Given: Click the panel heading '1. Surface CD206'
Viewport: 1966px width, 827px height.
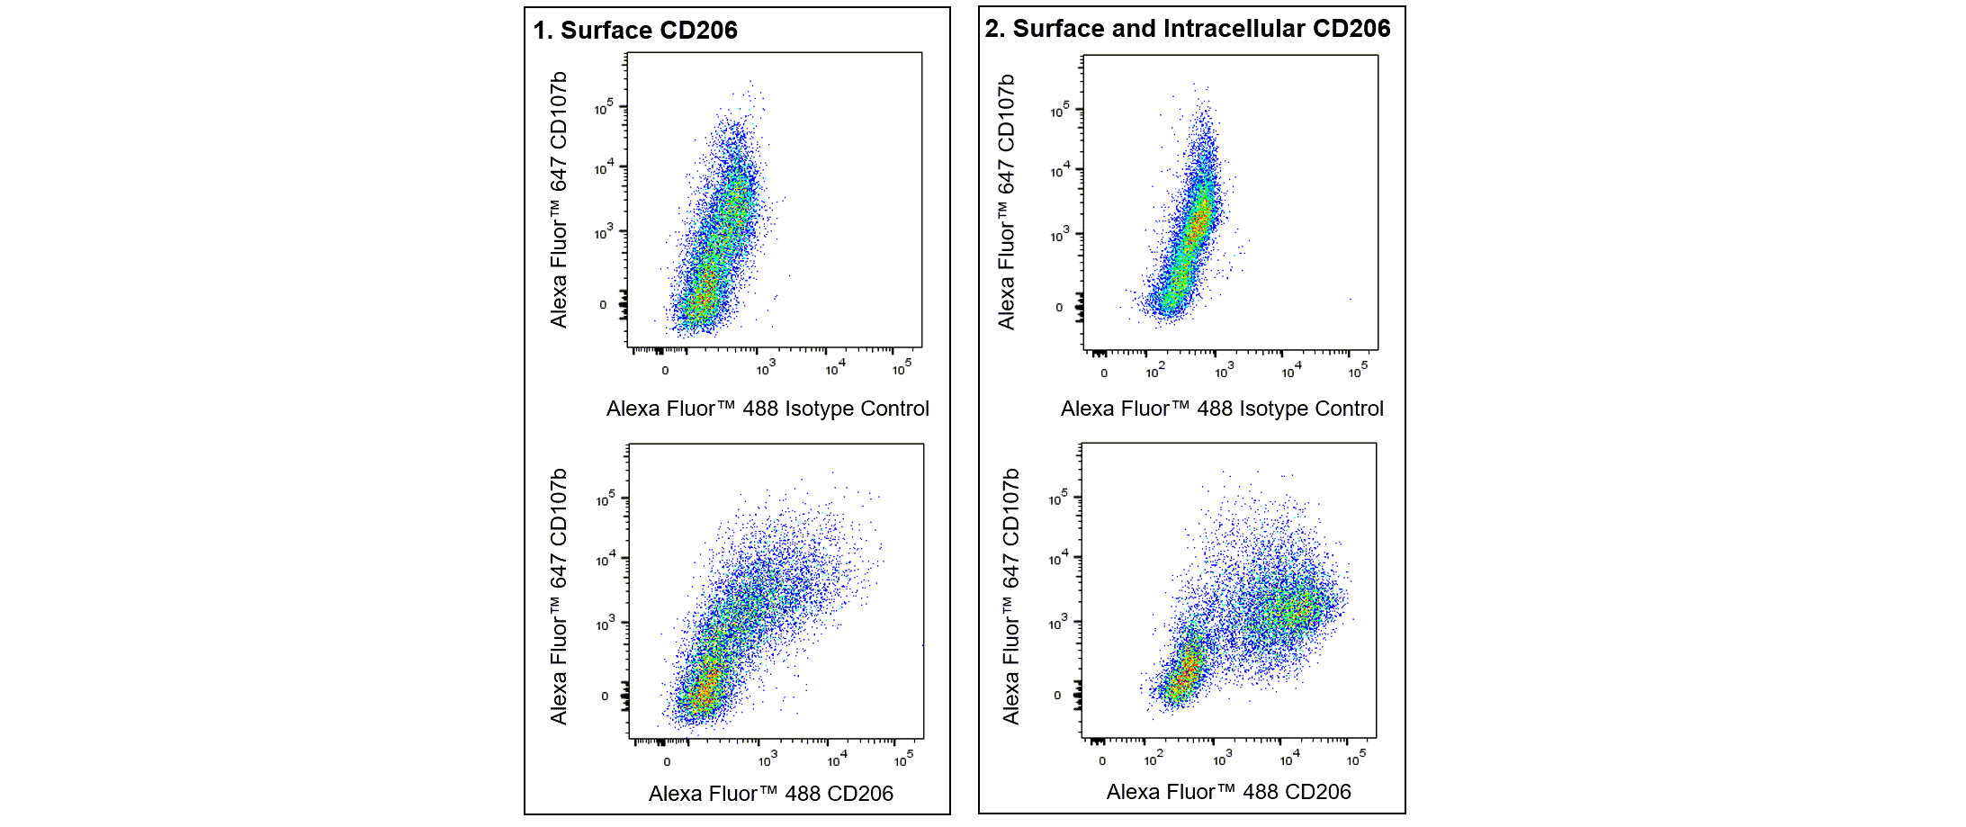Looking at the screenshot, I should pos(634,31).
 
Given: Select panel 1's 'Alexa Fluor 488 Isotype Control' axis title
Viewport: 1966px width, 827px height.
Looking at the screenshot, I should pos(767,409).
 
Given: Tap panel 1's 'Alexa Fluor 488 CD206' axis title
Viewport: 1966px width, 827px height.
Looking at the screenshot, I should pos(770,794).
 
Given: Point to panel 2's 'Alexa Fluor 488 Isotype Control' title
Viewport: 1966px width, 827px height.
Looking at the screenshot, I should pos(1221,409).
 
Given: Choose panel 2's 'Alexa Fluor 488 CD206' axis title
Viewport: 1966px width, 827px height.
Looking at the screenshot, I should pos(1228,792).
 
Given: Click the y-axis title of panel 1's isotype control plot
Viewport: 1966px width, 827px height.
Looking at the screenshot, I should pos(559,200).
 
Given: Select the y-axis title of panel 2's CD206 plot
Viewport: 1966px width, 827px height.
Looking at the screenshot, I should pos(1011,596).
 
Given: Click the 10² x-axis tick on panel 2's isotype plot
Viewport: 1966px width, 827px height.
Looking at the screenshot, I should pos(1154,371).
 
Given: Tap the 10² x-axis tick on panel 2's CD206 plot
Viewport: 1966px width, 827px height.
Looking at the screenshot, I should pos(1153,760).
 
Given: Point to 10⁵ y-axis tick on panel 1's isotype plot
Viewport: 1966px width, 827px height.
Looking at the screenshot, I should pos(604,108).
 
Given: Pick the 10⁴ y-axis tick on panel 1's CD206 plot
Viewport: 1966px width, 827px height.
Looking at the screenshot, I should pos(606,559).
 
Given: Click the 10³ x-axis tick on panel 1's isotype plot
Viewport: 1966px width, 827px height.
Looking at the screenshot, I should pos(765,369).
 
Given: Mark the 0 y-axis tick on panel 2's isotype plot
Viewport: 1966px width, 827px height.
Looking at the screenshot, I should pos(1059,308).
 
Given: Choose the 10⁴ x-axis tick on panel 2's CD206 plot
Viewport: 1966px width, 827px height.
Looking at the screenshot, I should pos(1289,760).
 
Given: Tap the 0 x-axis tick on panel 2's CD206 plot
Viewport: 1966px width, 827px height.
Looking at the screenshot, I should pos(1102,761).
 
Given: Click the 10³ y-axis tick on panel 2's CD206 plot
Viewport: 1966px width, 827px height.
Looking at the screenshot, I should pos(1058,623).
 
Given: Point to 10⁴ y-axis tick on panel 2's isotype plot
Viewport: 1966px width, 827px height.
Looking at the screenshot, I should pos(1060,170).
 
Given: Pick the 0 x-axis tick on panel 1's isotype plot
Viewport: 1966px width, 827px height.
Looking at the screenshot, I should pos(665,371).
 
